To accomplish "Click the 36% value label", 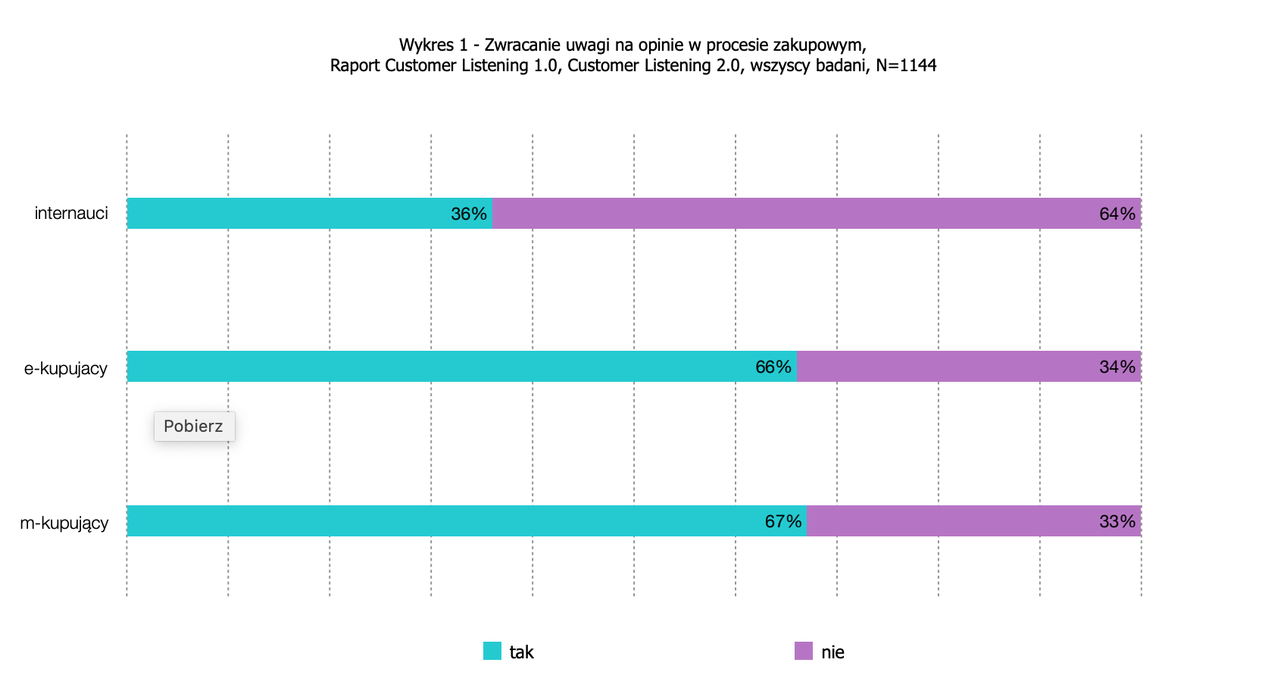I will pyautogui.click(x=468, y=214).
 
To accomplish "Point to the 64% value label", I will pyautogui.click(x=1117, y=214).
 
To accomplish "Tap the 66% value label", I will pyautogui.click(x=773, y=367).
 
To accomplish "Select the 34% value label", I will pyautogui.click(x=1117, y=367).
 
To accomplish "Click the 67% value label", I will pyautogui.click(x=783, y=522).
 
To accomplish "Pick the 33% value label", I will pyautogui.click(x=1117, y=522).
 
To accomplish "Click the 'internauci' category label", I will pyautogui.click(x=71, y=214).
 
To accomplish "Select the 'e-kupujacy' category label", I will pyautogui.click(x=66, y=369).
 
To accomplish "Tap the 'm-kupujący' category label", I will pyautogui.click(x=64, y=524).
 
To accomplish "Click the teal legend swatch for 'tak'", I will pyautogui.click(x=492, y=651).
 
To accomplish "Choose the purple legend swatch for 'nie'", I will pyautogui.click(x=803, y=651).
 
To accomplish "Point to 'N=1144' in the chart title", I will pyautogui.click(x=906, y=66).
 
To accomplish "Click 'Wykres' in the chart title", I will pyautogui.click(x=426, y=45).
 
